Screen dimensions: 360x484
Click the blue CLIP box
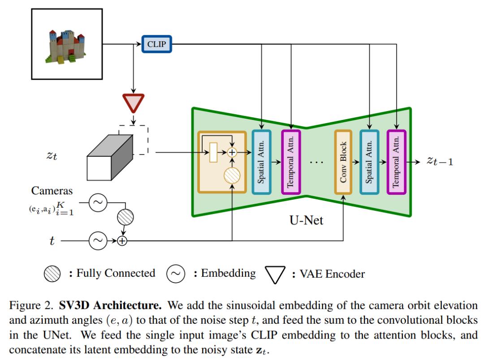point(156,44)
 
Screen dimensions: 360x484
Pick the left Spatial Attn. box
point(262,162)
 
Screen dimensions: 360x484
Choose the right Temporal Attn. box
point(396,162)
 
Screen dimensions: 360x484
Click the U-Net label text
point(307,220)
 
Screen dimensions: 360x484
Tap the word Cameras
point(52,191)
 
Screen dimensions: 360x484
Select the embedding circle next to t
point(97,241)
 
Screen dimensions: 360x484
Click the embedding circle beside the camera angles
point(97,203)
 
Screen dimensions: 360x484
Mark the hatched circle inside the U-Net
point(232,175)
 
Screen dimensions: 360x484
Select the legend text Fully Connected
point(116,273)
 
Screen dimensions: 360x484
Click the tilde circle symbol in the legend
point(176,274)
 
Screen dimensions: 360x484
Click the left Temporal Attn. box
point(290,162)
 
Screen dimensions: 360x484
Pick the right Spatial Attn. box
point(369,162)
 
